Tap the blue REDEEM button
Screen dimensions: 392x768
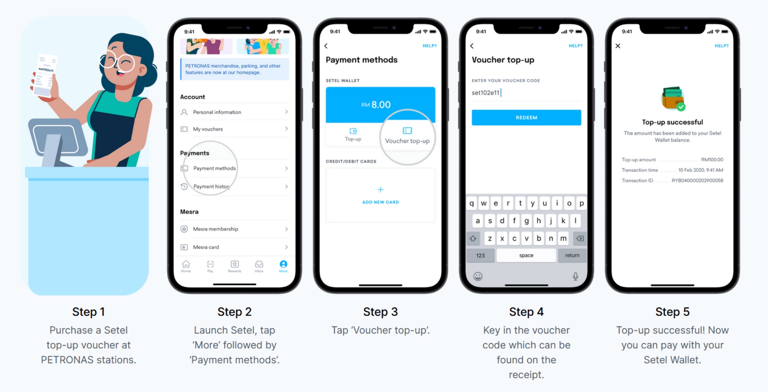point(526,118)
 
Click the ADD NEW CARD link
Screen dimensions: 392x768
point(381,202)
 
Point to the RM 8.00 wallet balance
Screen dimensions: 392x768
point(376,105)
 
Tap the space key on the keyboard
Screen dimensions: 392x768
point(526,255)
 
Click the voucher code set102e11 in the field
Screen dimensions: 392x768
point(485,93)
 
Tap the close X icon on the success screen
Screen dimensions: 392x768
point(618,46)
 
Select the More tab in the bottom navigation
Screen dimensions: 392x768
point(283,266)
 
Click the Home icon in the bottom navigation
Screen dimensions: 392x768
point(186,266)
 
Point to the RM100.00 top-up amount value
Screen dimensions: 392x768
point(712,159)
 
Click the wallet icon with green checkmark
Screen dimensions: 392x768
point(673,99)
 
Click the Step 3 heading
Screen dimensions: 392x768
point(380,312)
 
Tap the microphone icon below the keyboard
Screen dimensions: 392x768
point(575,276)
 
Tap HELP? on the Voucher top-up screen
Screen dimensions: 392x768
point(575,46)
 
